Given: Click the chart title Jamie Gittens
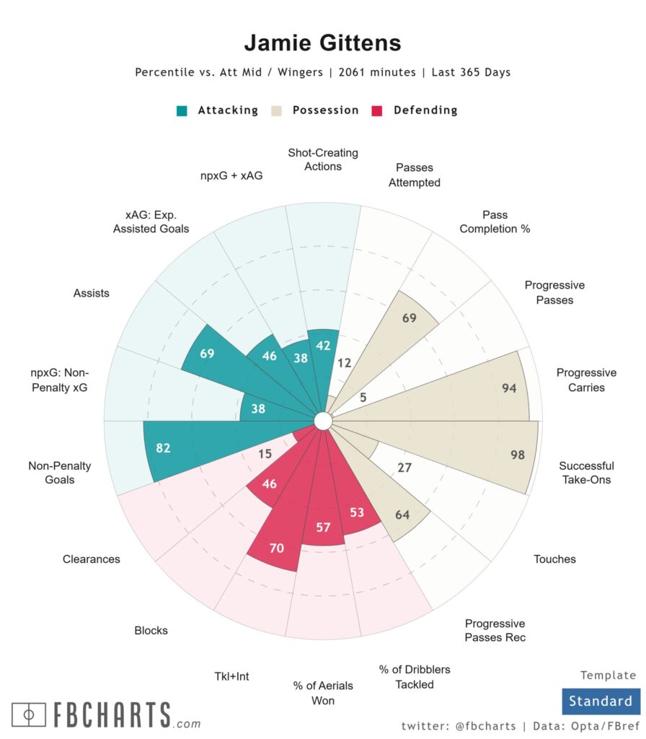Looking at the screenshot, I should (x=322, y=43).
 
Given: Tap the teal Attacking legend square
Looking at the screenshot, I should (x=183, y=111).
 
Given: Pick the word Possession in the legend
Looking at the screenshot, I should (x=325, y=110).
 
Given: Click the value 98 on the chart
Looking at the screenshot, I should (x=518, y=455).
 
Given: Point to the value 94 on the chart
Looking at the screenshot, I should (x=509, y=388).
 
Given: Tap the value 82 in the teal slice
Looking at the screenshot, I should (x=164, y=448).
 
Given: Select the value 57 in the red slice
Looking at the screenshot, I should (x=323, y=528).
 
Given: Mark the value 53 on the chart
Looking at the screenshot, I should (x=356, y=513).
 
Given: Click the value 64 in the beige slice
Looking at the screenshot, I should (x=402, y=515).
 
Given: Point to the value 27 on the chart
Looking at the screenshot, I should (x=404, y=468).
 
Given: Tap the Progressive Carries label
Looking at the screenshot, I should (x=586, y=380).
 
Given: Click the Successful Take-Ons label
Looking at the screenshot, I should (x=586, y=473).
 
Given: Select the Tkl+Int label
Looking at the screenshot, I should (x=231, y=677).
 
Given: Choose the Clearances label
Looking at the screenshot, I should (x=91, y=559).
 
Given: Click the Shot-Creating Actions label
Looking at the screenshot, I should (x=323, y=159).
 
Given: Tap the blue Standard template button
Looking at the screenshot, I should (x=600, y=701).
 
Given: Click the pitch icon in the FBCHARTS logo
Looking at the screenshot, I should (x=29, y=715).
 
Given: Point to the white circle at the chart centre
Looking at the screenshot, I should (x=323, y=421).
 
